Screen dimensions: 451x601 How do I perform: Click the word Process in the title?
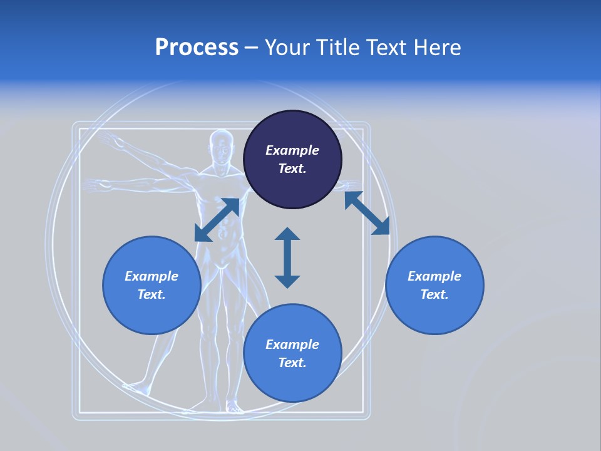(197, 48)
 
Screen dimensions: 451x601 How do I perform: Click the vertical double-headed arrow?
(287, 257)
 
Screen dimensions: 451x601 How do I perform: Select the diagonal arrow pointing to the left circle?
(217, 220)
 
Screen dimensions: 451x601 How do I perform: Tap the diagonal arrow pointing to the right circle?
(367, 213)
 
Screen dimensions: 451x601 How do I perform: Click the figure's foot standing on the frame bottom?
(234, 409)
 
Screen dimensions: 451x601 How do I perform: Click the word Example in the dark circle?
(292, 150)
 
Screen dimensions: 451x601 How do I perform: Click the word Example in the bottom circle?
(292, 345)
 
